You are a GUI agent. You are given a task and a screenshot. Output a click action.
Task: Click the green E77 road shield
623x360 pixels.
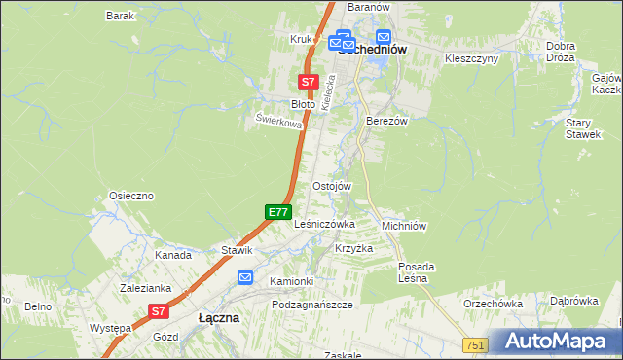click(x=278, y=211)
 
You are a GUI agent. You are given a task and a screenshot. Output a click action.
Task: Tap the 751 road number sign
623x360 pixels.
click(x=475, y=345)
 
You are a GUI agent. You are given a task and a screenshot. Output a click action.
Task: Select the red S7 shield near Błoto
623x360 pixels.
click(x=308, y=83)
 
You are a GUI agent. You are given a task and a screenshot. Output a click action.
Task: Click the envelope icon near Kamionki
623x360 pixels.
click(x=245, y=277)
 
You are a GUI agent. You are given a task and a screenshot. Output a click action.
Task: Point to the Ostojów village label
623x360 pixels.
click(x=331, y=186)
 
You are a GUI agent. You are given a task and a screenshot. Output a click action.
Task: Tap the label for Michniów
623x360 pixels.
click(x=405, y=225)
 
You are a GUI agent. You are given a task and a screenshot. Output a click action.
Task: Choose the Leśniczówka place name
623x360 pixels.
click(x=324, y=224)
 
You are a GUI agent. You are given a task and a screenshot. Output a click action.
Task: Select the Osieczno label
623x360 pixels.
click(x=131, y=196)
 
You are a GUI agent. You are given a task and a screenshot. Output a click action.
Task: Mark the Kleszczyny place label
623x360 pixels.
click(x=471, y=58)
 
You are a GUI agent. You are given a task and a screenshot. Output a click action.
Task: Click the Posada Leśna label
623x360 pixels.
click(x=417, y=271)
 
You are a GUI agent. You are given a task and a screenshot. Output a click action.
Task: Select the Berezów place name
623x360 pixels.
click(x=385, y=121)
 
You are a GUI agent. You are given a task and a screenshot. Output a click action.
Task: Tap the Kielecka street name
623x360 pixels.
click(x=328, y=95)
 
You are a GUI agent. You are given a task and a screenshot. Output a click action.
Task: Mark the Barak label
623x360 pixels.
click(x=120, y=17)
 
